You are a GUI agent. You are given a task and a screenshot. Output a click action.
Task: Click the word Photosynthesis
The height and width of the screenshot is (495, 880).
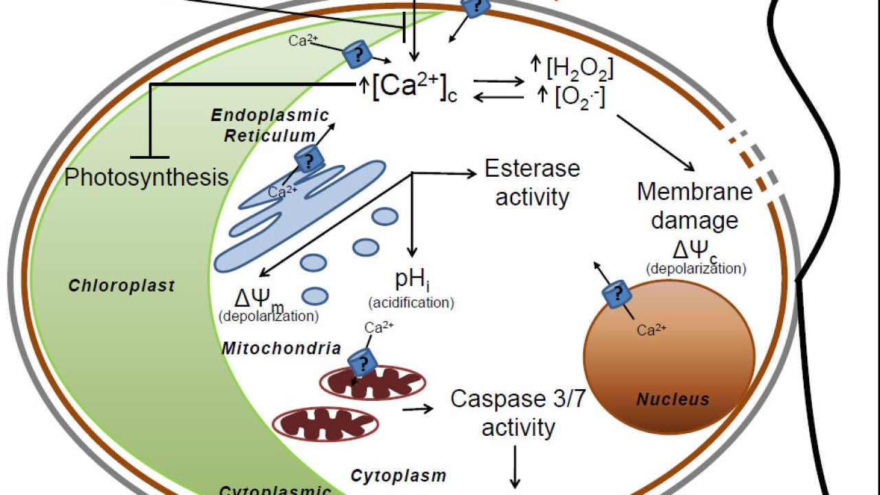point(146,177)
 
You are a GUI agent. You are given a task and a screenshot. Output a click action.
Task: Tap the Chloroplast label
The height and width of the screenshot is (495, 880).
point(122,285)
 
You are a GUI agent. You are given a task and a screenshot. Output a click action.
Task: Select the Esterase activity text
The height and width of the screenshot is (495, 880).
point(532,182)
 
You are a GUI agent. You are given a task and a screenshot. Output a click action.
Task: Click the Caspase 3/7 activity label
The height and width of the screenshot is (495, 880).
point(518,413)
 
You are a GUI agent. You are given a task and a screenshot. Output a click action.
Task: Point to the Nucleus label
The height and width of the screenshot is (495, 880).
point(672,399)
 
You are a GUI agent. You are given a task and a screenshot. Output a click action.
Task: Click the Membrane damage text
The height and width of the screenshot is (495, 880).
point(694,206)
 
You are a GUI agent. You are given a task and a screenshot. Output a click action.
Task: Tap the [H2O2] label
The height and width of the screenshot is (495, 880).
point(580,69)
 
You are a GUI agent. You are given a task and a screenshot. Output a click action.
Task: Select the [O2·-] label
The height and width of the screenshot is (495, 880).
point(580,97)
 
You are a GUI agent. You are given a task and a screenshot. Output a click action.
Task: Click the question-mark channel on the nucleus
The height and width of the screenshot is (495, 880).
point(617,295)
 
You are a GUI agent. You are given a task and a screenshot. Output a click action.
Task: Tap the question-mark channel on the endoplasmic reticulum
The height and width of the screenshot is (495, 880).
point(309,161)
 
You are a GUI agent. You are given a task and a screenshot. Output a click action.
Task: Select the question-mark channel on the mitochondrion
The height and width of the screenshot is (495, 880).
point(362,361)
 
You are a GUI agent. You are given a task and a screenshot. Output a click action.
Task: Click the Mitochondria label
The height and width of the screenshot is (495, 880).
point(281,348)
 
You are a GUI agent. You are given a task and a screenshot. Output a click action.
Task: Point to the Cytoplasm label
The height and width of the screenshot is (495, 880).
point(398,475)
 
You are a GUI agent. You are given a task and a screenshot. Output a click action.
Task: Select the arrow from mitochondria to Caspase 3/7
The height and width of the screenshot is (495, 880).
point(419,410)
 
